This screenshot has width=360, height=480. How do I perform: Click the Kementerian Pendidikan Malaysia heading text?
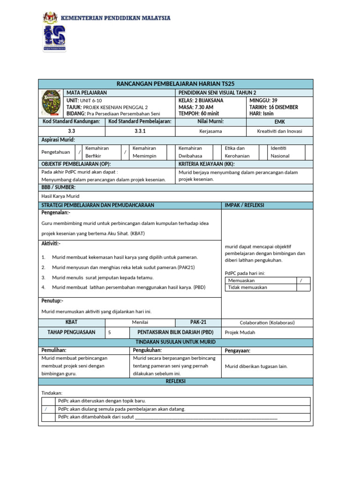pos(115,18)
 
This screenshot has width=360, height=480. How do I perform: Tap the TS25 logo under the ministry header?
pos(54,38)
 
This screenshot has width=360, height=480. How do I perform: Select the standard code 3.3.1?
pos(140,131)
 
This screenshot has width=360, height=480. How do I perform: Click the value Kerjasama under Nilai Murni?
pos(210,131)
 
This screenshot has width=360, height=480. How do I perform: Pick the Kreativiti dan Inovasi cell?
pos(279,131)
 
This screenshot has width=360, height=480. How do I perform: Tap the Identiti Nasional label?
pos(280,152)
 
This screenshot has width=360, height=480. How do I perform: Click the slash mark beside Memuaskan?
pos(301,280)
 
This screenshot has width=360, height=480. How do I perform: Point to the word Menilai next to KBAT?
pos(140,322)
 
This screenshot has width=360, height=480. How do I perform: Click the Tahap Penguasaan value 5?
pos(110,332)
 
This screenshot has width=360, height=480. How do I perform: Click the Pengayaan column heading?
pos(238,350)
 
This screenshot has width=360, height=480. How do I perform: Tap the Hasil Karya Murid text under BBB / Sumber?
pos(60,196)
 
